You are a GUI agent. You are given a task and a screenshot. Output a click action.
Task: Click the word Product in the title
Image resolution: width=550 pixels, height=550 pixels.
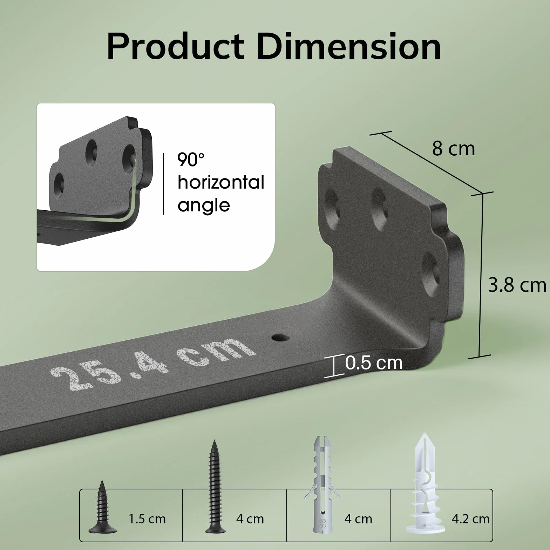point(176,46)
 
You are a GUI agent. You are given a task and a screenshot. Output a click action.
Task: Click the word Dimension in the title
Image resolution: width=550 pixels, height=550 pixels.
point(349,46)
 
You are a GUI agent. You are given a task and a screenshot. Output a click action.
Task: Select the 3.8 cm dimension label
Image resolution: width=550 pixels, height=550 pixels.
point(517,285)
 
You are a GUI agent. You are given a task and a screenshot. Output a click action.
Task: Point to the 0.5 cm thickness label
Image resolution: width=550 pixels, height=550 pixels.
point(374,363)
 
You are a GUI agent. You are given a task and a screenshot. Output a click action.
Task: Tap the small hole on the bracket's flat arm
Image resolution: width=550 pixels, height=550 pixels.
point(280,338)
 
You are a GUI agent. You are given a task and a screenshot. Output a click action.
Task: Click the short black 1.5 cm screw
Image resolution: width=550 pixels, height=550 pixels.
point(102,507)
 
